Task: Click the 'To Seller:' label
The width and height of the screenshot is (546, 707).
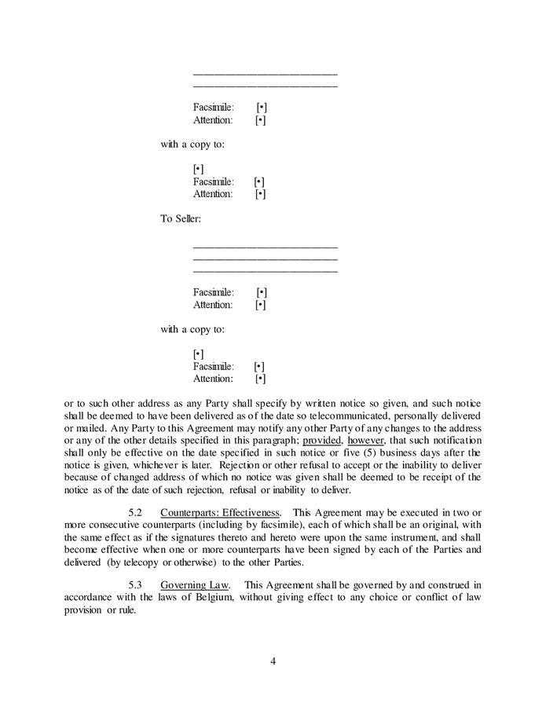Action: click(181, 218)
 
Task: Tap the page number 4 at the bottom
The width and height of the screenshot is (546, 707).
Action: click(273, 661)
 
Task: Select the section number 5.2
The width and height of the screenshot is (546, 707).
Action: click(134, 512)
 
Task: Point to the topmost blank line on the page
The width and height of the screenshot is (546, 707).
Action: click(265, 74)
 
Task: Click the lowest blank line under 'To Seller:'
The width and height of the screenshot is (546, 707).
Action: click(265, 272)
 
